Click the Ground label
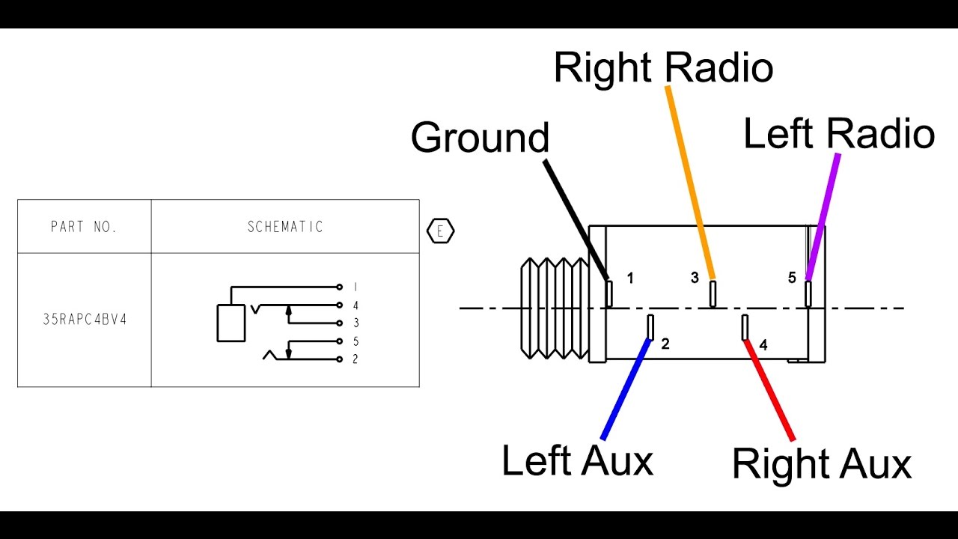point(480,138)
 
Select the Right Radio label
point(663,68)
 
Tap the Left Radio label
point(839,135)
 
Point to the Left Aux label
point(577,460)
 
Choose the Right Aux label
point(821,464)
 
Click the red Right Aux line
point(769,389)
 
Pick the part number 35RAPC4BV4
point(85,319)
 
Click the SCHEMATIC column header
point(285,227)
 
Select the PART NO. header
point(84,227)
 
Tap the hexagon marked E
point(440,231)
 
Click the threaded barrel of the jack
point(555,308)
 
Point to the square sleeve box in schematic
point(231,323)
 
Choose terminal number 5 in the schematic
point(356,341)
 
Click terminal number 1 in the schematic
point(356,287)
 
